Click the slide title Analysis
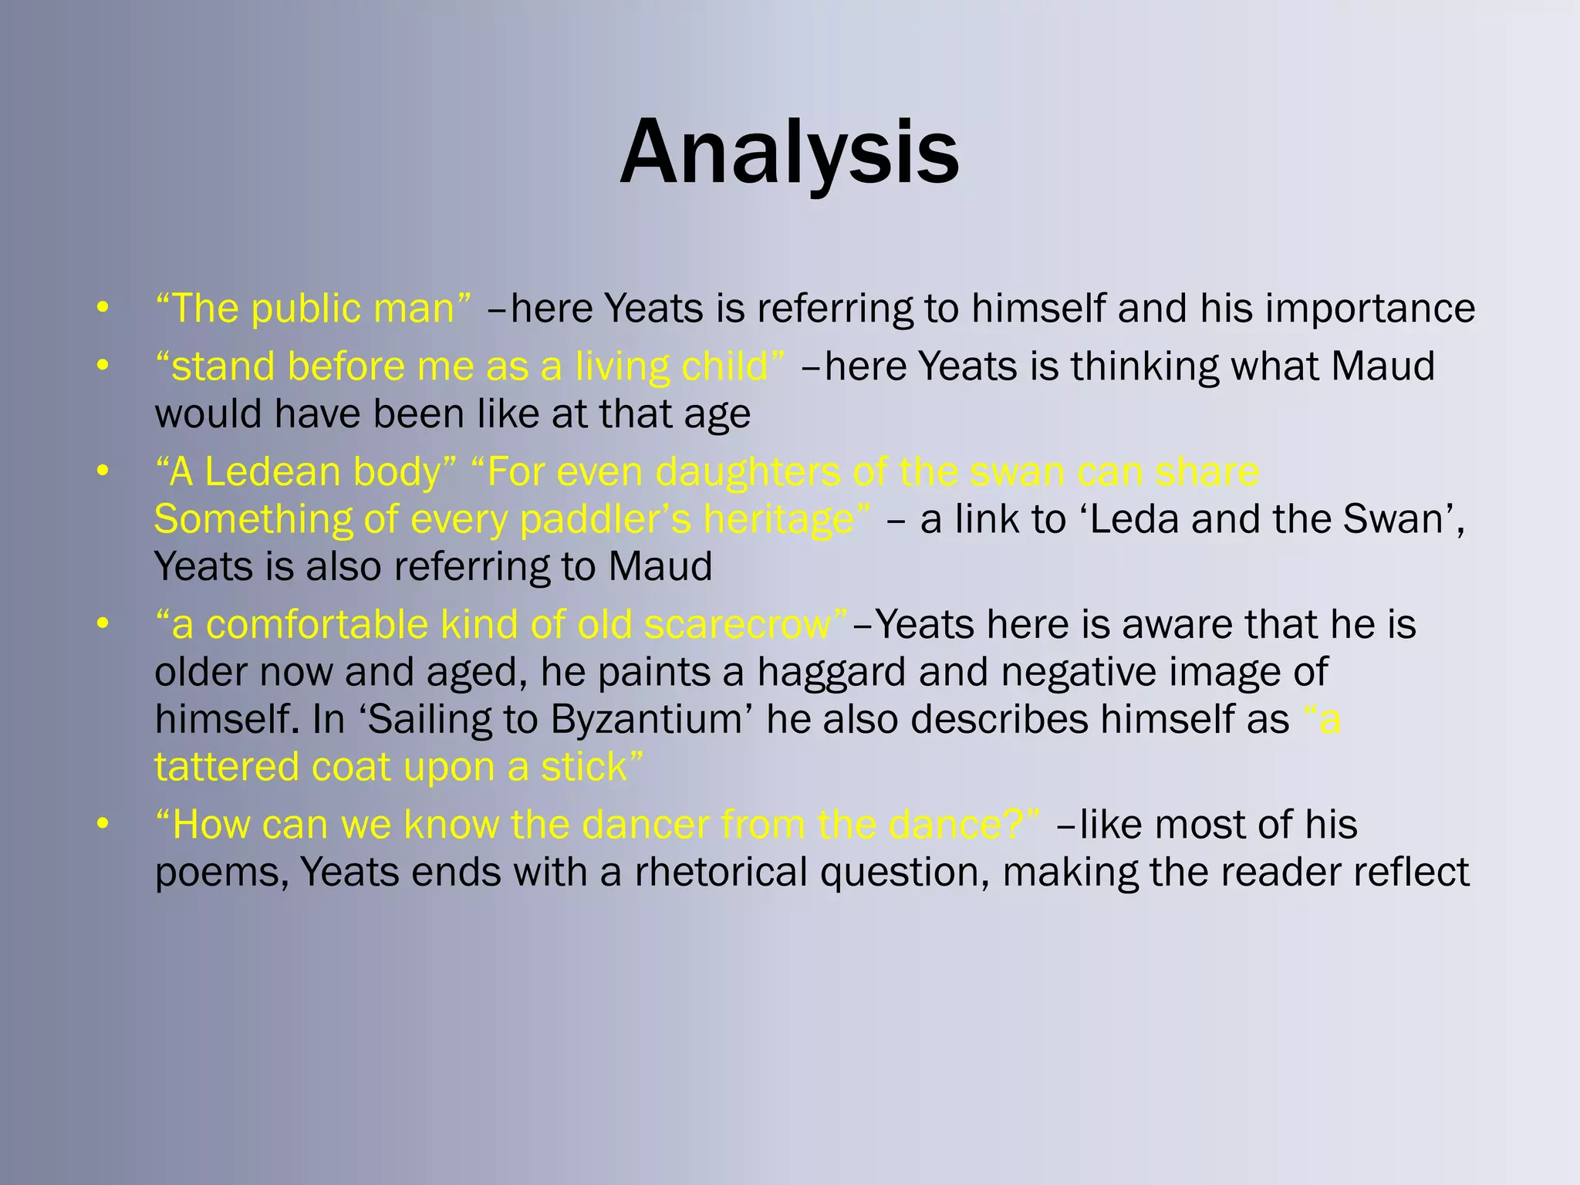pyautogui.click(x=789, y=152)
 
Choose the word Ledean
pyautogui.click(x=273, y=472)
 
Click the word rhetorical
pyautogui.click(x=721, y=873)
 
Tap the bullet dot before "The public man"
pyautogui.click(x=103, y=309)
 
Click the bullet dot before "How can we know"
pyautogui.click(x=103, y=825)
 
